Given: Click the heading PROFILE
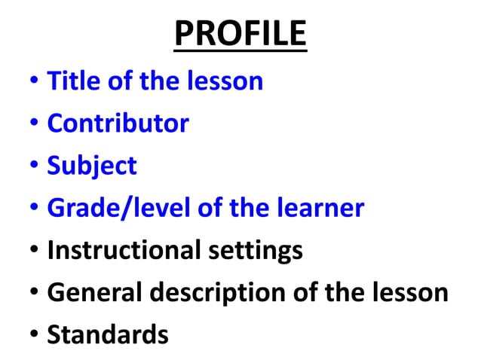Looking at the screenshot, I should coord(240,34).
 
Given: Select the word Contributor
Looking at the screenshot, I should coord(118,123).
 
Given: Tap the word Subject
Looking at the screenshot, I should coord(92,166).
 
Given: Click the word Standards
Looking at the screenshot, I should coord(108,334).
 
